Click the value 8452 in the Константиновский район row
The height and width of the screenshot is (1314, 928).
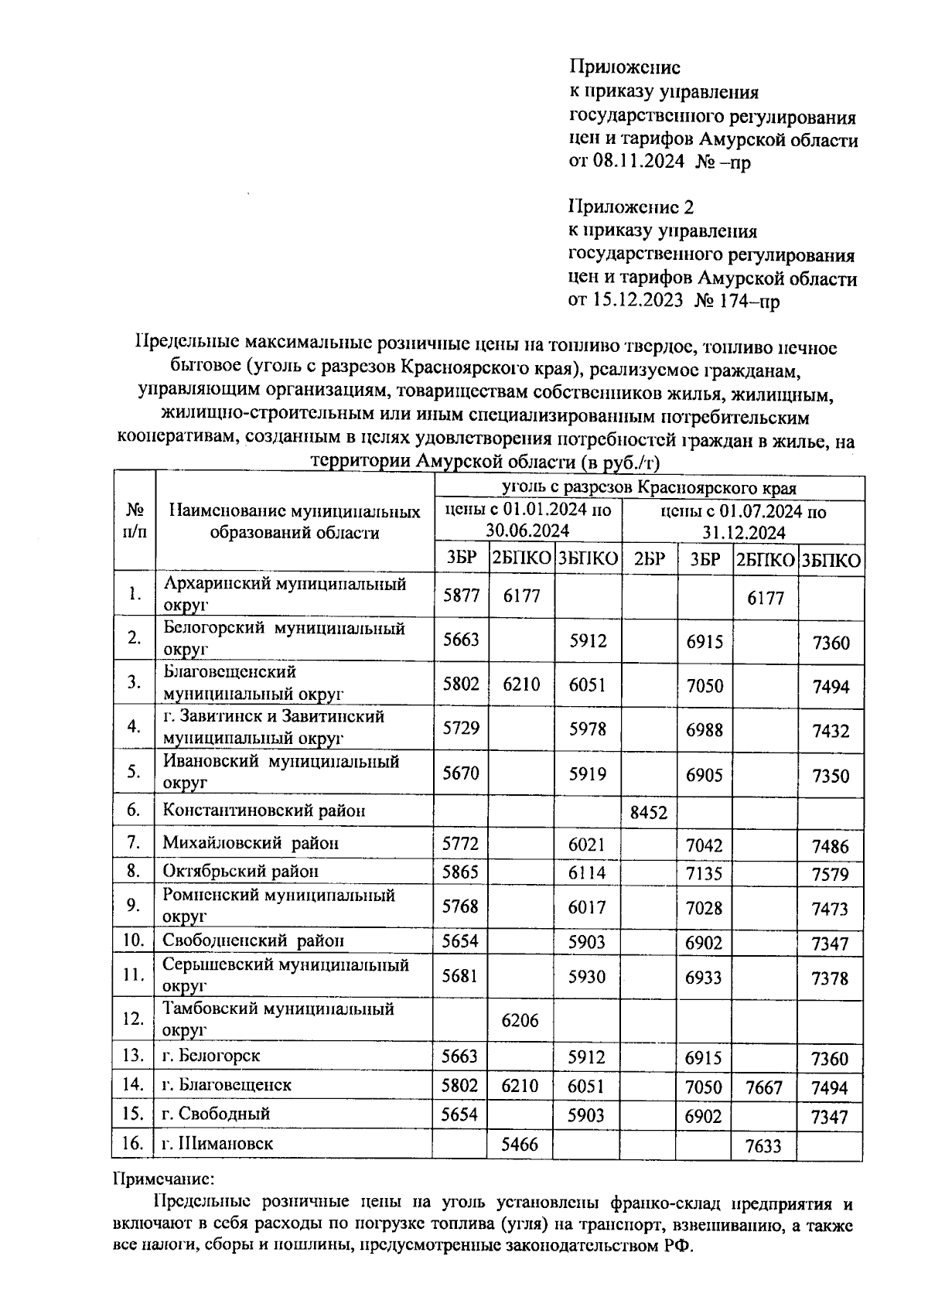pos(648,812)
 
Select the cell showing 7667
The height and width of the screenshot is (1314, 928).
pos(764,1087)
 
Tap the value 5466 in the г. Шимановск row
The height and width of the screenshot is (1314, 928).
pos(520,1144)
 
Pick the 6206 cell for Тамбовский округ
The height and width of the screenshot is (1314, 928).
pos(520,1020)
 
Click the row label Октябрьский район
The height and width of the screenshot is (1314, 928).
pos(241,871)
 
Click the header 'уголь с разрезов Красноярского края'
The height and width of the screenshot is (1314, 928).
pos(649,487)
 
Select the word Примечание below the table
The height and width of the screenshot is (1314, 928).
pos(162,1179)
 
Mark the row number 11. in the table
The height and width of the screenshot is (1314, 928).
pos(134,974)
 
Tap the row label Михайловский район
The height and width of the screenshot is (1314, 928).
pos(251,842)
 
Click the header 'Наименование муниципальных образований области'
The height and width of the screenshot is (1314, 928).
pos(295,522)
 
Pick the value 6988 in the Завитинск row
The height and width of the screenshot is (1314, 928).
pos(704,729)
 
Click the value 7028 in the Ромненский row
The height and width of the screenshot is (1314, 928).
pos(704,907)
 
